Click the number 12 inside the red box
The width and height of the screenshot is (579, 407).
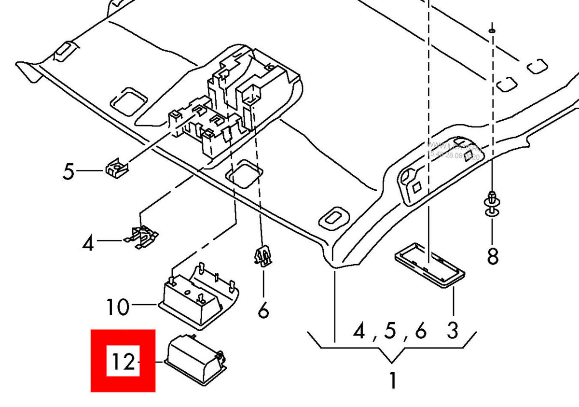tap(123, 361)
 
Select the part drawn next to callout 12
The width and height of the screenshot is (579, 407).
tap(195, 360)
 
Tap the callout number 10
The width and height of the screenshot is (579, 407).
tap(118, 306)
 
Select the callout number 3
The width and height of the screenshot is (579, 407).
tap(452, 331)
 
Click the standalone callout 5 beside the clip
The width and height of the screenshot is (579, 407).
tap(69, 171)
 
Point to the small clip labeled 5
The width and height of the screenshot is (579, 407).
tap(116, 168)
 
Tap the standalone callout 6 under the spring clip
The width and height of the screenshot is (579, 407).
tap(263, 311)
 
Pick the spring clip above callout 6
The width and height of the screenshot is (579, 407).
tap(262, 256)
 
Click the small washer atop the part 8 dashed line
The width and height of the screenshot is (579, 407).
tap(491, 30)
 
